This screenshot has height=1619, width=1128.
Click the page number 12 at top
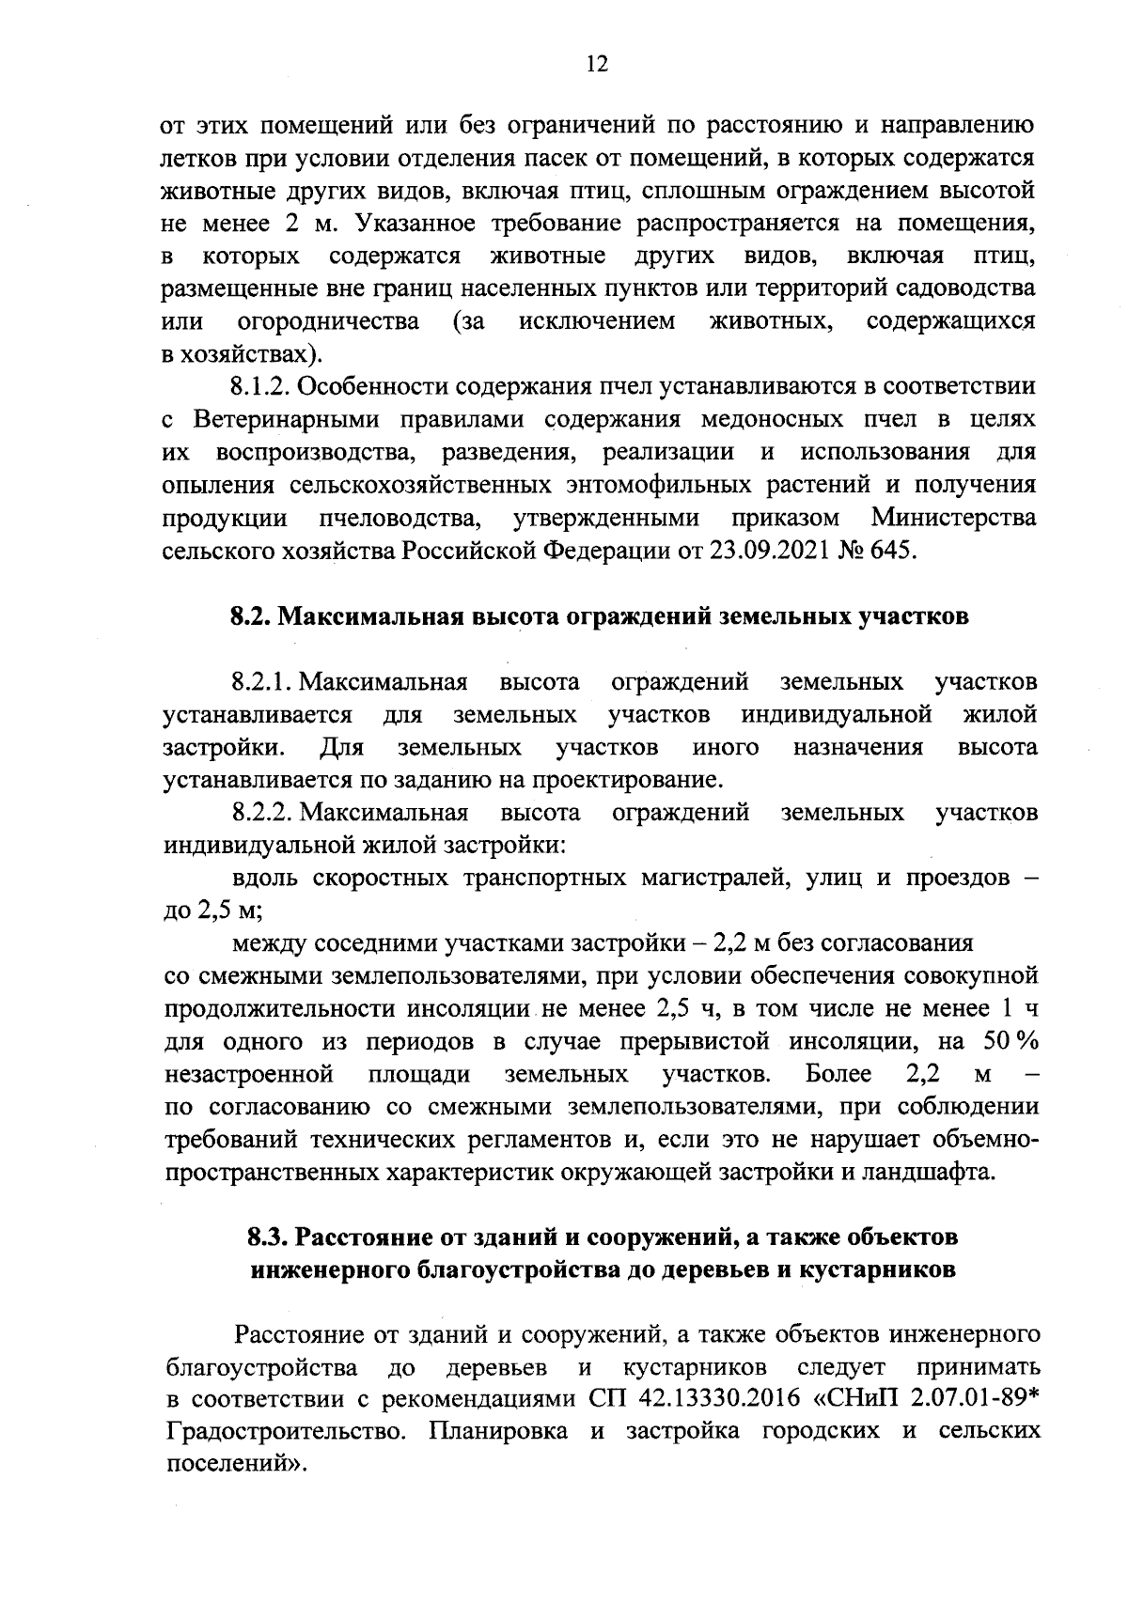[596, 63]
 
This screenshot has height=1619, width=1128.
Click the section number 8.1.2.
[264, 386]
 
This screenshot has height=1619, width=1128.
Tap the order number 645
[890, 551]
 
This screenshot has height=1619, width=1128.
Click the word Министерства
[953, 518]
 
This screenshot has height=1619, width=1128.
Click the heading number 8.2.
[250, 617]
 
